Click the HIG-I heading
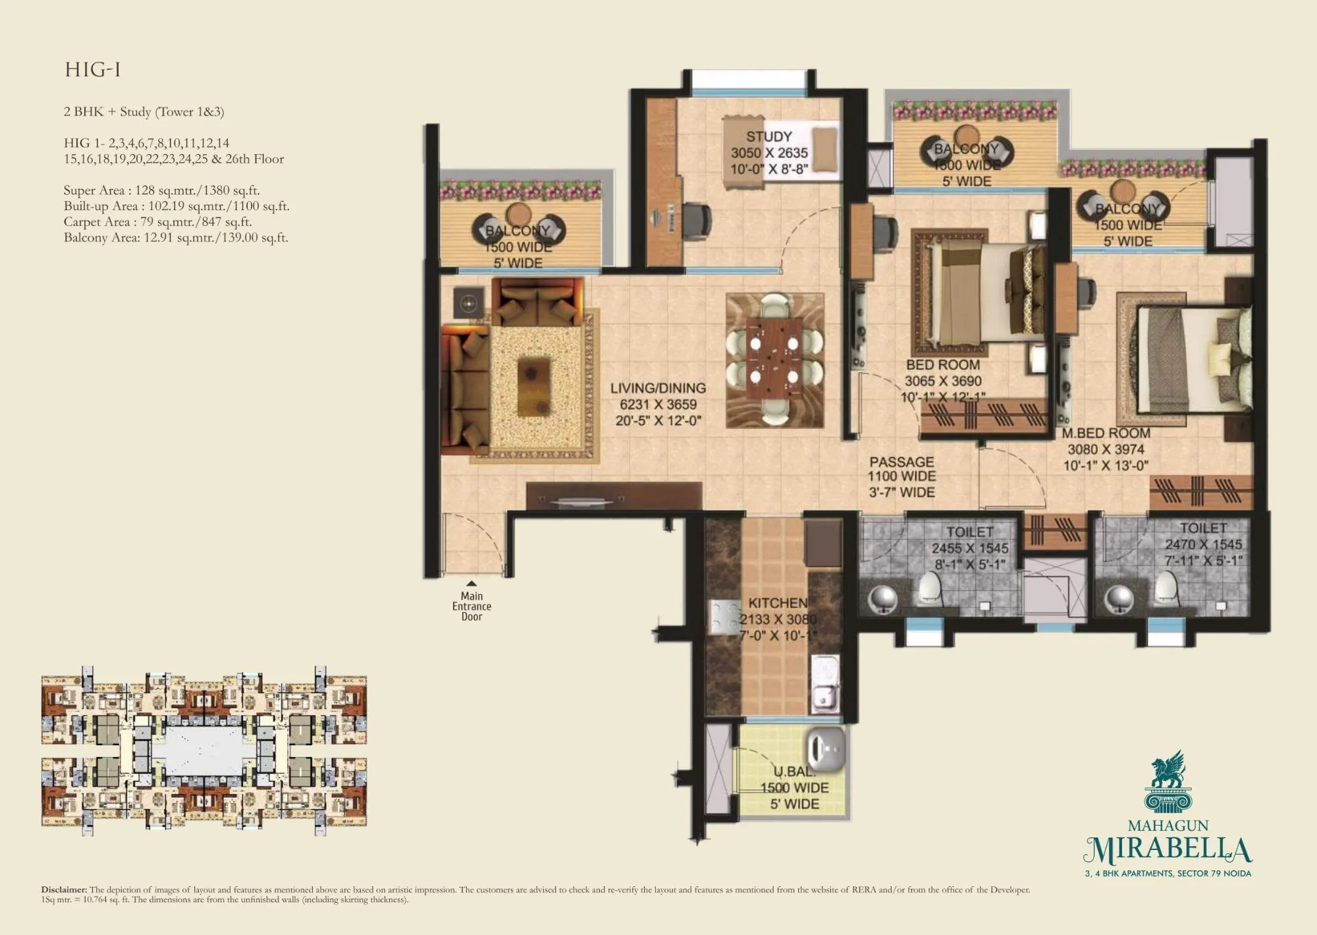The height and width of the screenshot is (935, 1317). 93,71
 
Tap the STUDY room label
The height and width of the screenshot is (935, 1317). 768,137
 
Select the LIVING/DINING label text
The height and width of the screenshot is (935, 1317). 657,389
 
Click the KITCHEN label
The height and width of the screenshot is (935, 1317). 778,603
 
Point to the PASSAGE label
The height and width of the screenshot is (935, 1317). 901,462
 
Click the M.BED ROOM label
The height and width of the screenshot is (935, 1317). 1106,434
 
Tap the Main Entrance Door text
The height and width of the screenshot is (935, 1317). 471,606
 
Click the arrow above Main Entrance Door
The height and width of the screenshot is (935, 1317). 471,584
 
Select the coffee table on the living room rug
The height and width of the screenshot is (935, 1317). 533,383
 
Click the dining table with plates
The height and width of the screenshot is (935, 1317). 774,360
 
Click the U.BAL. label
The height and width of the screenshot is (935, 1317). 794,772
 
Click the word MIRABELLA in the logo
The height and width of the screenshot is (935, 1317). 1168,851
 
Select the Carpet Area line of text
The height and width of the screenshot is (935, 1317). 158,222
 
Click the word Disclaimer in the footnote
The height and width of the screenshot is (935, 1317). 64,890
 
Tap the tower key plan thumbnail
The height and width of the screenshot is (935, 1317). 203,751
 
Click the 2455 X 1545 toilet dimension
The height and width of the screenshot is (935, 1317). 969,548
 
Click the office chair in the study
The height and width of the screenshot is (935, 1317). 696,217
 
